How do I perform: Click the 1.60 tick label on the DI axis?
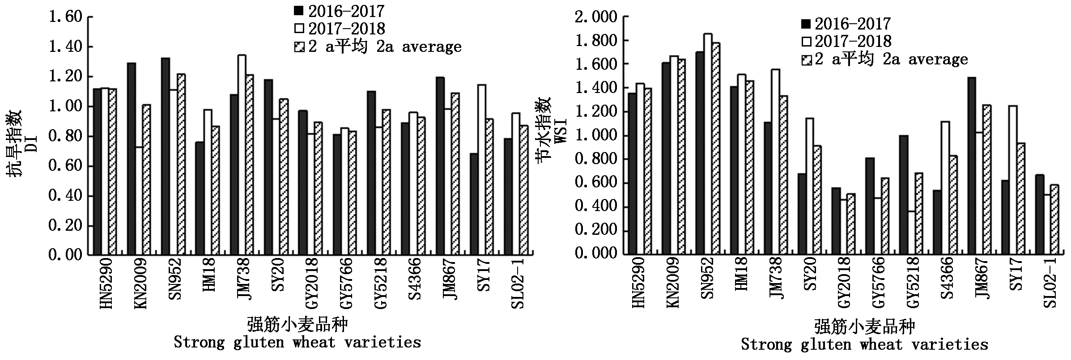65,17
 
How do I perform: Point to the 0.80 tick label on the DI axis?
65,136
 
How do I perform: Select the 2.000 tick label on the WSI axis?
595,17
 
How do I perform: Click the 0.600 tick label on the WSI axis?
595,183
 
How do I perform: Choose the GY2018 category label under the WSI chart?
844,282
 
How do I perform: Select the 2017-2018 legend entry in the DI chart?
340,29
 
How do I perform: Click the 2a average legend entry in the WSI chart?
884,59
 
